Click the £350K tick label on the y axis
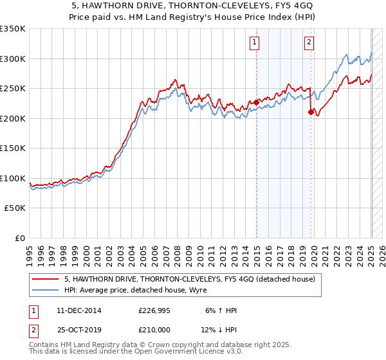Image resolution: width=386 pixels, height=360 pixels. click(x=12, y=29)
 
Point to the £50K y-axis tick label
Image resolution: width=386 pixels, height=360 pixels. click(x=15, y=208)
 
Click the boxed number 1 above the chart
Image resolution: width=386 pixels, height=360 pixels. click(x=255, y=43)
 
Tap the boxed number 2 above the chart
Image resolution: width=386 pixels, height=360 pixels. click(x=309, y=43)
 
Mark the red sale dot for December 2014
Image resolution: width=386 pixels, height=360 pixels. click(x=256, y=102)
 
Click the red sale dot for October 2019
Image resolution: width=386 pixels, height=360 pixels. click(x=311, y=112)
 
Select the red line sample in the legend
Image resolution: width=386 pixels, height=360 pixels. click(x=45, y=279)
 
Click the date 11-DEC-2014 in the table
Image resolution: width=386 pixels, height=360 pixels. click(x=78, y=310)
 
